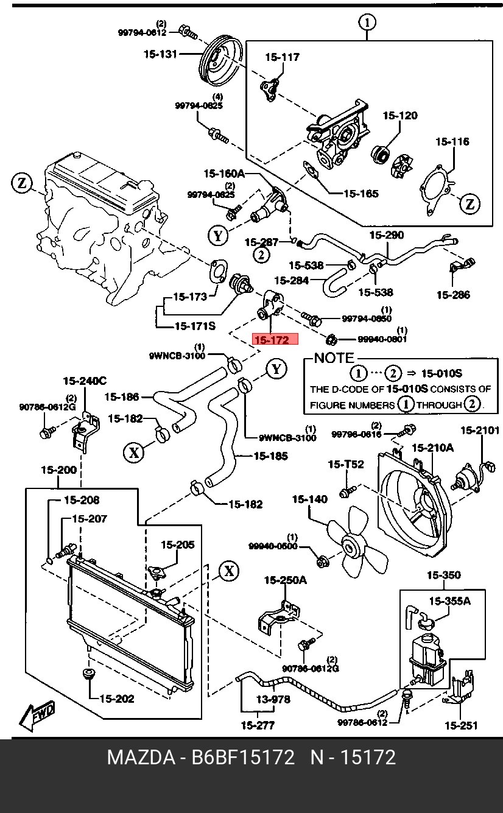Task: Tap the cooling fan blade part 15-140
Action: pyautogui.click(x=353, y=545)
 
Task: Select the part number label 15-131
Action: pyautogui.click(x=160, y=54)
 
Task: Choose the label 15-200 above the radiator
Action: pyautogui.click(x=58, y=470)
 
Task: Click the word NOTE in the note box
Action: pyautogui.click(x=334, y=358)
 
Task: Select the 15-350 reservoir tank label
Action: pyautogui.click(x=443, y=575)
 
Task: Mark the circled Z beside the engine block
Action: pyautogui.click(x=22, y=182)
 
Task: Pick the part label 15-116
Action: pyautogui.click(x=452, y=142)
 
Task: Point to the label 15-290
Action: pyautogui.click(x=386, y=235)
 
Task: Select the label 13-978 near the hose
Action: pyautogui.click(x=272, y=700)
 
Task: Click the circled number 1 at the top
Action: pyautogui.click(x=367, y=23)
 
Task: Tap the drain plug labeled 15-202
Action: pyautogui.click(x=90, y=675)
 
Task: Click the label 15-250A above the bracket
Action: pyautogui.click(x=284, y=580)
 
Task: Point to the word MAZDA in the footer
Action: pyautogui.click(x=139, y=758)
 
